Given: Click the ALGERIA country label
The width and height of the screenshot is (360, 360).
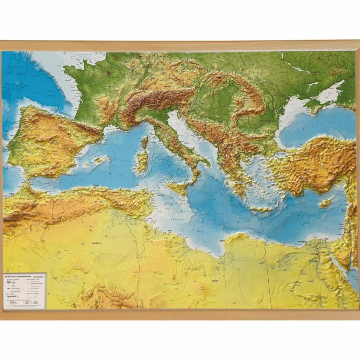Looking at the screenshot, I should tap(96, 243).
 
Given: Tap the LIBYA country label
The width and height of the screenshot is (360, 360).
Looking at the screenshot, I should tap(215, 281).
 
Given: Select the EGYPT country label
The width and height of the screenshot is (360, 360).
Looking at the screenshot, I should tap(310, 281).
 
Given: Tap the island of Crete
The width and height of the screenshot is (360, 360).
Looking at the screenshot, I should tap(261, 209).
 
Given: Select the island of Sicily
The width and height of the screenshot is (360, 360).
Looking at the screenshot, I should tap(177, 188).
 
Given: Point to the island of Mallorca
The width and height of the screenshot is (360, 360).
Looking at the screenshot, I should tap(101, 160).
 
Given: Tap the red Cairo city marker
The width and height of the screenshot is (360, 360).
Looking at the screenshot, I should tap(318, 253).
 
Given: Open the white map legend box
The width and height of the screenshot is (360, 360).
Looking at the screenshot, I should tap(25, 291).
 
